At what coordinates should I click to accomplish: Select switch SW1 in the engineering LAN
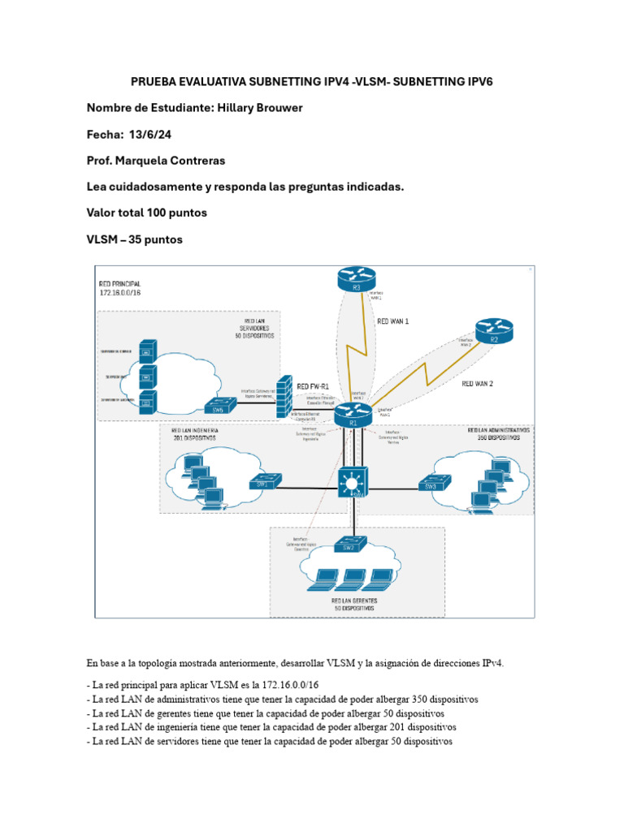coord(264,481)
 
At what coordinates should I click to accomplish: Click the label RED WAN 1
coord(393,321)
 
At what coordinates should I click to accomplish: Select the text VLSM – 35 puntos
coord(135,239)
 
